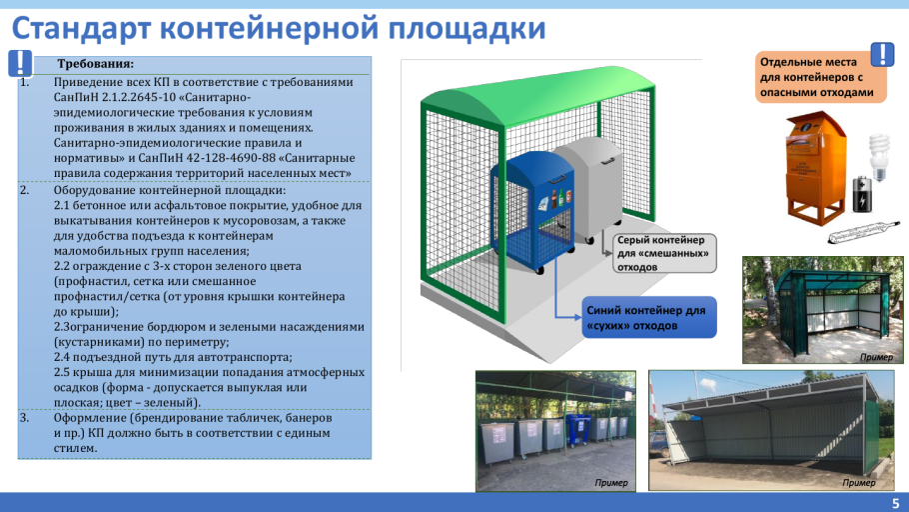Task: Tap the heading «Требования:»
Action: click(x=96, y=64)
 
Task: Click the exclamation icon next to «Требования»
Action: click(x=20, y=63)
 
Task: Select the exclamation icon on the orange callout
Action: click(x=883, y=54)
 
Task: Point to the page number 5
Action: click(x=895, y=503)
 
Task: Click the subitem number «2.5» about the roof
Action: click(x=64, y=372)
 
